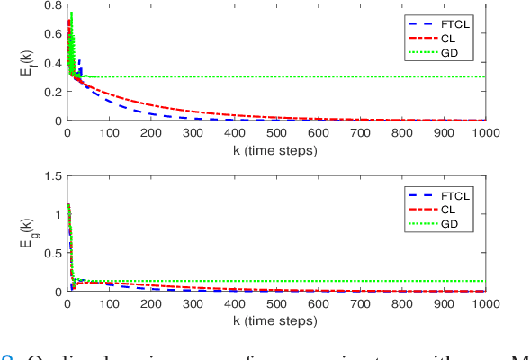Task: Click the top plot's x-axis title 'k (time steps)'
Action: (275, 150)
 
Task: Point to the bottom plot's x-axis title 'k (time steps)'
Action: (275, 320)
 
